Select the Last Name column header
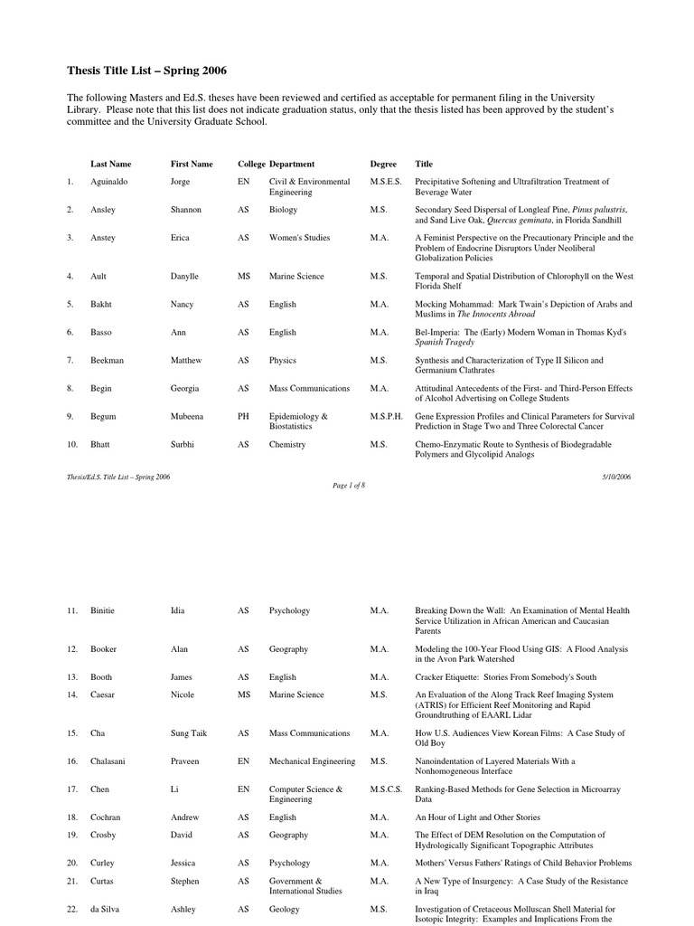pos(111,164)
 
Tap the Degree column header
pos(383,164)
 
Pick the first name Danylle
pos(188,276)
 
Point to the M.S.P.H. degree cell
pos(388,416)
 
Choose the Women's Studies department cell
pos(300,238)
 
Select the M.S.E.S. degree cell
pos(386,182)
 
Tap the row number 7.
pos(70,360)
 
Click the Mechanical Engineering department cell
pos(313,761)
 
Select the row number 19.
pos(72,835)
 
